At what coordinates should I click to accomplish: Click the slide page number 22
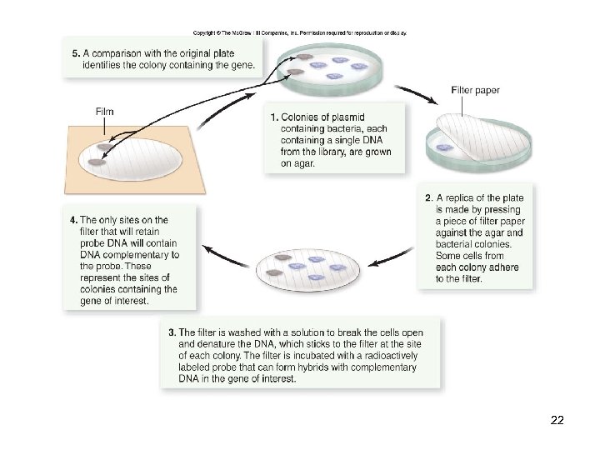[557, 420]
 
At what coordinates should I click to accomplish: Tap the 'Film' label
[105, 112]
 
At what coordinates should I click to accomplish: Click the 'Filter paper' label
[475, 90]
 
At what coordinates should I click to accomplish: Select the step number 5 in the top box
[75, 52]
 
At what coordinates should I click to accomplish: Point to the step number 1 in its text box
[275, 117]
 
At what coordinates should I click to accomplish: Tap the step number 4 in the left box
[73, 220]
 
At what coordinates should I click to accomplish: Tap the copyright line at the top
[300, 32]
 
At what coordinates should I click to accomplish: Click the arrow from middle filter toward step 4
[225, 252]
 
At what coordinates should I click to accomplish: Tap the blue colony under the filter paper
[447, 147]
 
